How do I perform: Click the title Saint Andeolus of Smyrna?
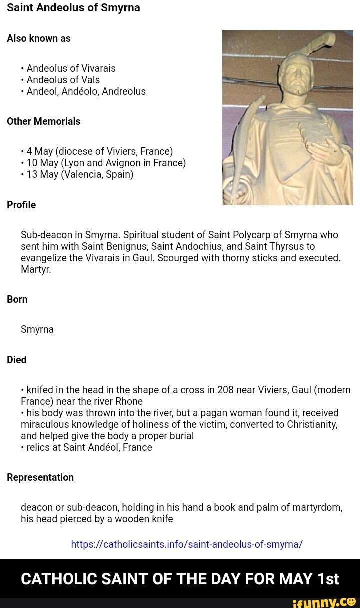pyautogui.click(x=73, y=8)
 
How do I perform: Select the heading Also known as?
pyautogui.click(x=39, y=38)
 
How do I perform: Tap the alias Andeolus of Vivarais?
pyautogui.click(x=71, y=68)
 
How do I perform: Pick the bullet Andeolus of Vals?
pyautogui.click(x=63, y=80)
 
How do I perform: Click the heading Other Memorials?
pyautogui.click(x=43, y=121)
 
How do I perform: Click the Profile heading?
pyautogui.click(x=21, y=205)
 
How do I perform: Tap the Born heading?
pyautogui.click(x=17, y=299)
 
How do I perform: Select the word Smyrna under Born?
pyautogui.click(x=37, y=329)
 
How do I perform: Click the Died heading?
pyautogui.click(x=17, y=360)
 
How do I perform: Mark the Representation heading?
pyautogui.click(x=40, y=477)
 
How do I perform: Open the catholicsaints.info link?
pyautogui.click(x=187, y=544)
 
